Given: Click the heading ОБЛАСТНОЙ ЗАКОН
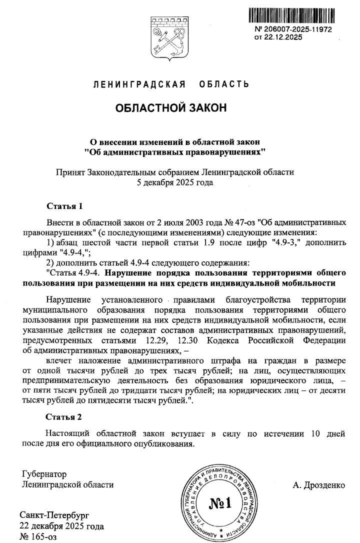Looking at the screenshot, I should [x=171, y=108].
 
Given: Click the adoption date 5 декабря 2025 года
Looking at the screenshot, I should [x=174, y=182].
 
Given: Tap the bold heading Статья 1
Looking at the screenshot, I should [x=64, y=206].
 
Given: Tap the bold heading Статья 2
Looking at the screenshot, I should [x=64, y=416].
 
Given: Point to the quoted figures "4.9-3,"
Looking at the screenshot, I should [x=281, y=242].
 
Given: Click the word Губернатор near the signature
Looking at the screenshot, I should [x=44, y=474].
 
